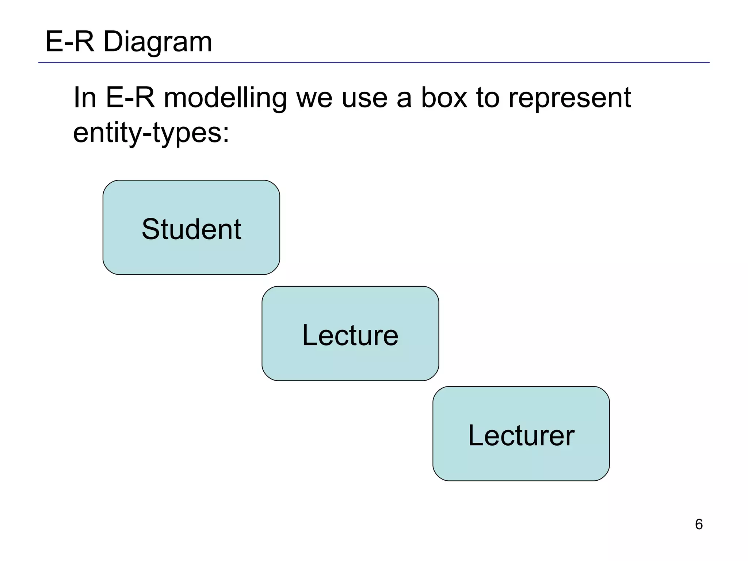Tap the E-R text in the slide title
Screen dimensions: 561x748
pyautogui.click(x=69, y=42)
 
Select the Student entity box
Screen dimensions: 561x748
pyautogui.click(x=191, y=227)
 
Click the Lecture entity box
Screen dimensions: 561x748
pyautogui.click(x=350, y=333)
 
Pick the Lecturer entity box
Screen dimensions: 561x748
pyautogui.click(x=521, y=434)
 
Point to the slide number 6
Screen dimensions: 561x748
pyautogui.click(x=699, y=524)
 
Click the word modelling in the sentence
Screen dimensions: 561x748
pyautogui.click(x=225, y=98)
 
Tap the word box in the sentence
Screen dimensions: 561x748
pyautogui.click(x=444, y=98)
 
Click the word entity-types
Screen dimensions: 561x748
pyautogui.click(x=147, y=133)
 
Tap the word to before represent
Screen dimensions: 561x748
pyautogui.click(x=488, y=98)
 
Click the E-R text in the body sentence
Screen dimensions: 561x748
pyautogui.click(x=130, y=98)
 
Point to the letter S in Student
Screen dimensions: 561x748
pyautogui.click(x=151, y=229)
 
